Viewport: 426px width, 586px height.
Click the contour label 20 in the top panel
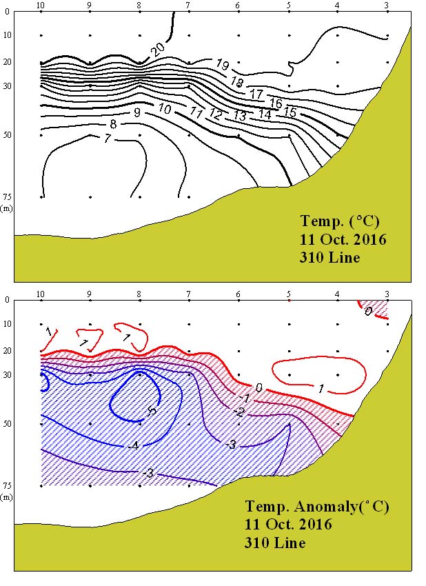coord(157,48)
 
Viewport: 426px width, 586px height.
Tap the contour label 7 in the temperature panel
coord(107,139)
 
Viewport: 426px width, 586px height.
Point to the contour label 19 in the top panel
coord(222,65)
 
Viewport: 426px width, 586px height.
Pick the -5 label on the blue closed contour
coord(152,412)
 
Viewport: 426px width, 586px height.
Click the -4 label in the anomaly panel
coord(134,446)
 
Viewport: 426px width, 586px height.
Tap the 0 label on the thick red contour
coord(258,388)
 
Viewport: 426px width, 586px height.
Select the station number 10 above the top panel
coord(41,6)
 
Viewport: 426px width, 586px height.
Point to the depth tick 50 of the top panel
coord(8,135)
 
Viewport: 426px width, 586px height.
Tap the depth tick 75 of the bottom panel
coord(8,485)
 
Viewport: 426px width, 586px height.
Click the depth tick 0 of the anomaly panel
coord(8,299)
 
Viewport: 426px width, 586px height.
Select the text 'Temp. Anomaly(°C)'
coord(316,507)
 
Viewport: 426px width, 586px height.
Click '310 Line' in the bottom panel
coord(275,543)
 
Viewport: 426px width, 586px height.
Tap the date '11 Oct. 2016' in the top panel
coord(343,240)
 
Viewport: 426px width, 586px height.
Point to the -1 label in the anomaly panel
coord(243,398)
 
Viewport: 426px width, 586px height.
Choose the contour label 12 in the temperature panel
coord(216,113)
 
